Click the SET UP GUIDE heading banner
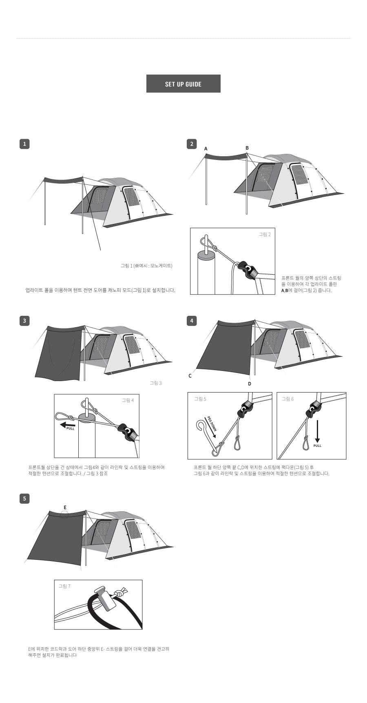click(x=183, y=84)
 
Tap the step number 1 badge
click(x=24, y=144)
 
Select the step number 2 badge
click(x=192, y=144)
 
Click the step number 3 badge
click(x=24, y=321)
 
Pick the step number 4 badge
click(x=192, y=321)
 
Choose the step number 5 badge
click(x=24, y=498)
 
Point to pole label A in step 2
click(x=206, y=149)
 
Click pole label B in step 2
click(x=247, y=148)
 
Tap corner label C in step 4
click(x=190, y=376)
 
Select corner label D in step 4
click(x=250, y=384)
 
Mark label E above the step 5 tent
click(x=65, y=508)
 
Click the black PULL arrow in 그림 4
click(x=68, y=425)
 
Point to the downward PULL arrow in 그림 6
click(x=317, y=432)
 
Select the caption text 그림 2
click(x=265, y=234)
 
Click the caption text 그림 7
click(x=64, y=586)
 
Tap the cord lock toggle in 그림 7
click(x=104, y=598)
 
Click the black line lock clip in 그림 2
click(x=247, y=270)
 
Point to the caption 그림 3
click(x=156, y=383)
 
